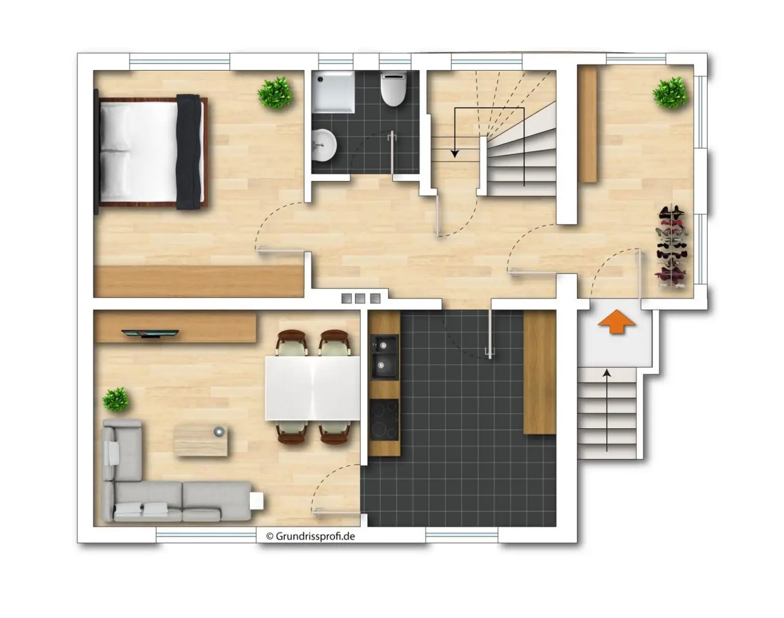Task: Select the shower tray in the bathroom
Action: (x=333, y=92)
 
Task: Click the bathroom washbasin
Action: (x=324, y=145)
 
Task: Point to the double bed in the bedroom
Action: (x=151, y=152)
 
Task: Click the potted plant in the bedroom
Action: (x=275, y=93)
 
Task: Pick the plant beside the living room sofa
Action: (x=116, y=400)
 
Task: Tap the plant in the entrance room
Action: (x=670, y=93)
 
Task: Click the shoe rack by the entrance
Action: (x=672, y=248)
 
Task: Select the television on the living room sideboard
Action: (x=150, y=333)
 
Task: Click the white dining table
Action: (x=312, y=388)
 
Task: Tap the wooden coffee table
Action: (x=201, y=441)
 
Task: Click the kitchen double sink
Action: (x=384, y=357)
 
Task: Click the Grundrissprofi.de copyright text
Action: (x=310, y=536)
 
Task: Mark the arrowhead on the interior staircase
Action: (x=455, y=154)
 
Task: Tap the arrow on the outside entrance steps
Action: (x=607, y=410)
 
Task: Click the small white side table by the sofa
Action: (x=256, y=500)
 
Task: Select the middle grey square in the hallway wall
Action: (x=360, y=299)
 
